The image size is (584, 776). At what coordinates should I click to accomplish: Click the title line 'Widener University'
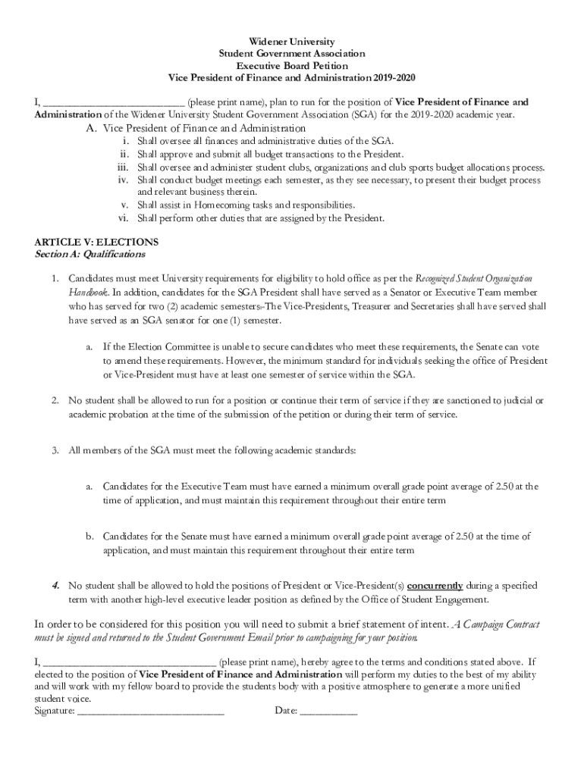(x=292, y=41)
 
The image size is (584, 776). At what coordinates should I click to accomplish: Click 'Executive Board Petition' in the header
(x=292, y=66)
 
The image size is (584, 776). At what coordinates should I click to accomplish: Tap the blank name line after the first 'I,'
(x=113, y=103)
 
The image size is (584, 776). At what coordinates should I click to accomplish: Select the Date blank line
(x=328, y=712)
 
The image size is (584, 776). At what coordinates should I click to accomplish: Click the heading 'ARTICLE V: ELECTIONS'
(x=96, y=242)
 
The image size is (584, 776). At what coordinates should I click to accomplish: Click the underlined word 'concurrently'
(x=435, y=586)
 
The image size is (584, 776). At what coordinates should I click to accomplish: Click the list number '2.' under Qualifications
(x=56, y=400)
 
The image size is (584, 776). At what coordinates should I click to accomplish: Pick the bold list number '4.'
(x=56, y=586)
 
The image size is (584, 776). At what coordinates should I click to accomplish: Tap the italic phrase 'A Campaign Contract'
(x=496, y=624)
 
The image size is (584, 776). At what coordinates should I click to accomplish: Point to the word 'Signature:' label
(x=55, y=711)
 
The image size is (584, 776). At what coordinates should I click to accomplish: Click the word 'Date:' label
(x=286, y=711)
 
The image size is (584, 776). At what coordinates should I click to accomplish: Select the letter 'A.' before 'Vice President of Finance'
(x=91, y=129)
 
